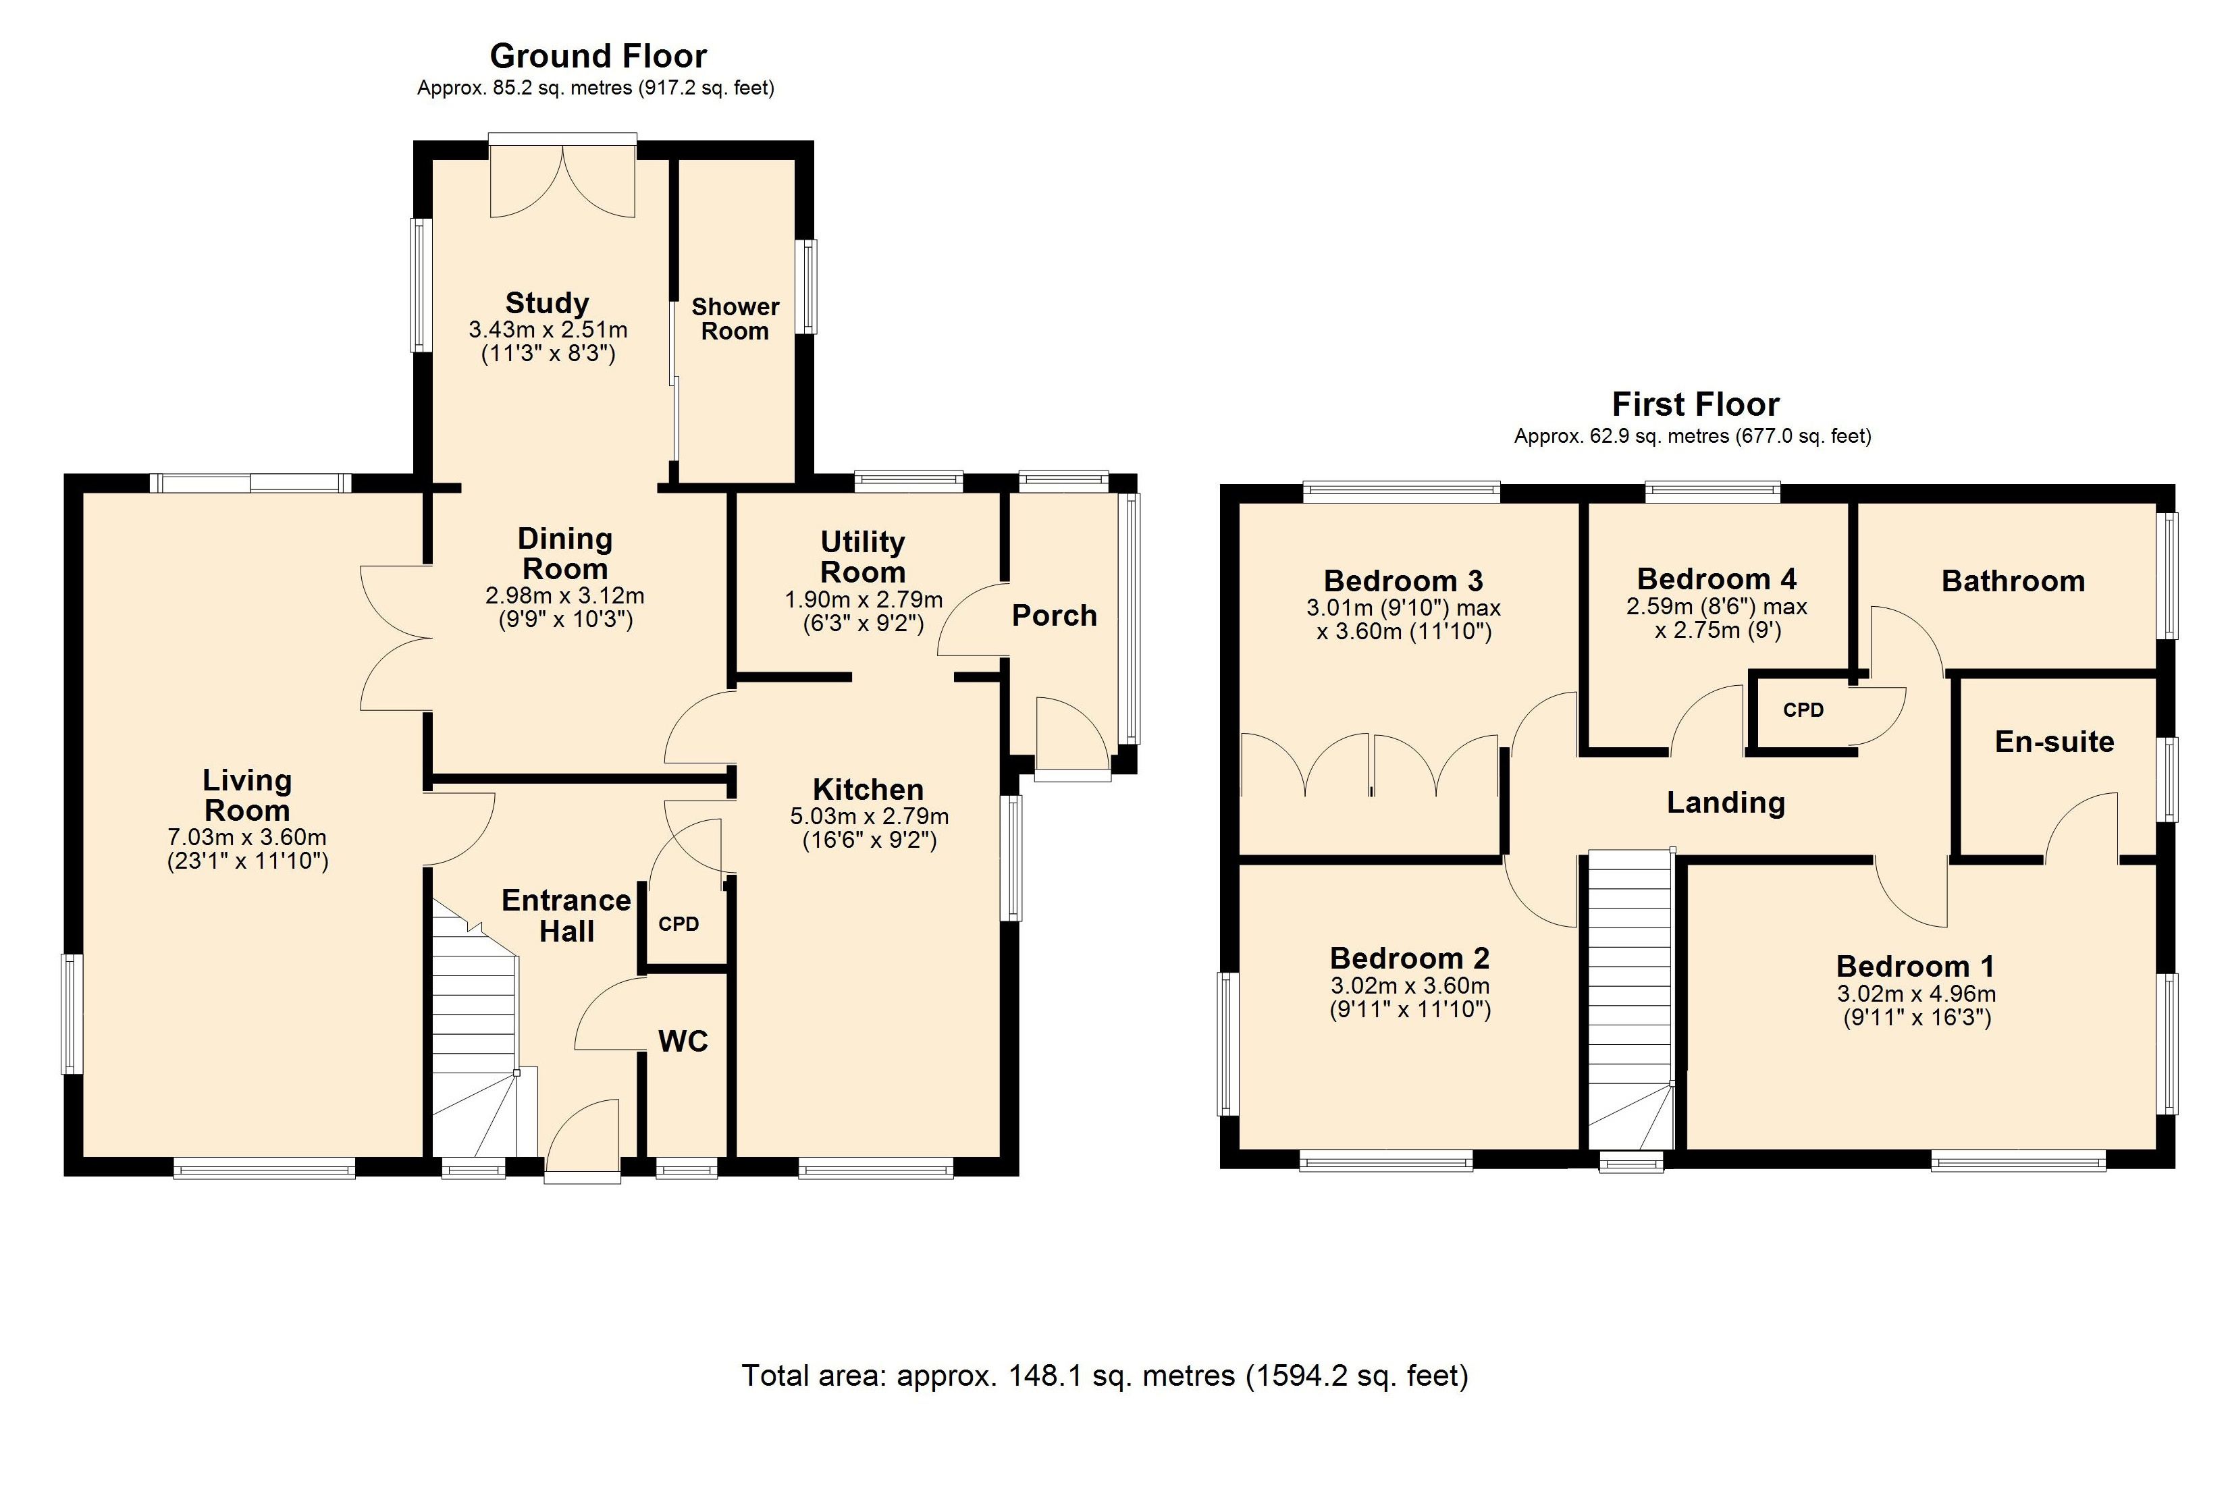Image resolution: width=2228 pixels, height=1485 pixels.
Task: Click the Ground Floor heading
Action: click(x=598, y=57)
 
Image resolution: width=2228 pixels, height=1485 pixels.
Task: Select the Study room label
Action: click(x=547, y=303)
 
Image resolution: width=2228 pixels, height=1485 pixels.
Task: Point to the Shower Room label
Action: click(x=735, y=319)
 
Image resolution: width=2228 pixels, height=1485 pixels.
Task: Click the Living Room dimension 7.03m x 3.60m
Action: click(x=247, y=837)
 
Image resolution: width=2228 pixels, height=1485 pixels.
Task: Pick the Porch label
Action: click(x=1055, y=616)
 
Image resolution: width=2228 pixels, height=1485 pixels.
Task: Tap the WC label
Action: click(x=683, y=1042)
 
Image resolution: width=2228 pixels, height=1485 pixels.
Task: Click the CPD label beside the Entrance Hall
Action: click(x=679, y=924)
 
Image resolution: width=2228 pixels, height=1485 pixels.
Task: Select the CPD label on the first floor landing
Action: click(x=1803, y=710)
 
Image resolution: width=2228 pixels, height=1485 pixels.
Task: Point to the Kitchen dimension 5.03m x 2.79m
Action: click(x=870, y=816)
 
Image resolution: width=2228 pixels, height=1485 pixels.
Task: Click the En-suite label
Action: click(x=2054, y=742)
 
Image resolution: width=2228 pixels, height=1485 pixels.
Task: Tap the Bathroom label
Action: click(x=2013, y=580)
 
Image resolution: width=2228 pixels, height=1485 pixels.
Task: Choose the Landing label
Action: click(x=1726, y=803)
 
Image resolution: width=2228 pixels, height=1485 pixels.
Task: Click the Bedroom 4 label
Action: click(x=1716, y=578)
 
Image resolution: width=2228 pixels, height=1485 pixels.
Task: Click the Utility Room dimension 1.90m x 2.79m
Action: click(x=864, y=599)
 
